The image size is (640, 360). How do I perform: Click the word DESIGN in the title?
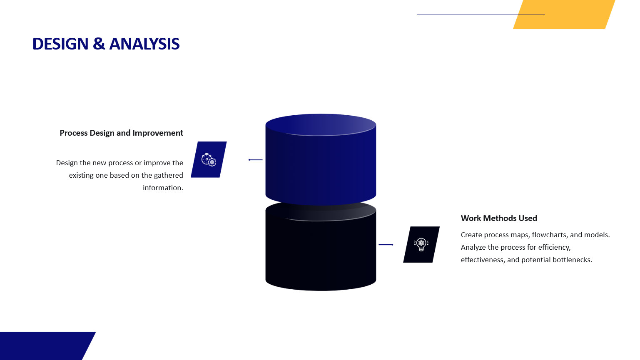coord(60,44)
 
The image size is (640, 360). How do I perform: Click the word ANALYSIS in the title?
coord(144,44)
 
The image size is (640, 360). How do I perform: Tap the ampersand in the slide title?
coord(99,44)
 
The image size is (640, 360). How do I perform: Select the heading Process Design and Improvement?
coord(122,133)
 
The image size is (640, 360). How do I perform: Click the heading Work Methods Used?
coord(499,218)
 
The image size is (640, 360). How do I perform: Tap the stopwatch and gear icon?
coord(209,159)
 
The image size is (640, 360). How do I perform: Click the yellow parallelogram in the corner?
coord(564,14)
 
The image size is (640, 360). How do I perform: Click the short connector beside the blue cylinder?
coord(255,160)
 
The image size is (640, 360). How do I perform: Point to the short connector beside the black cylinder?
coord(386,245)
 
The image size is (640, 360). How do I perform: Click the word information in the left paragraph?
coord(162,188)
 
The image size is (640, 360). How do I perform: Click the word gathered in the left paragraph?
coord(169,176)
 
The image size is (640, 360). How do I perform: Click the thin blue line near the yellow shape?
coord(481,15)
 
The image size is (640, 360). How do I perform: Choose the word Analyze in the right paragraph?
coord(473,248)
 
